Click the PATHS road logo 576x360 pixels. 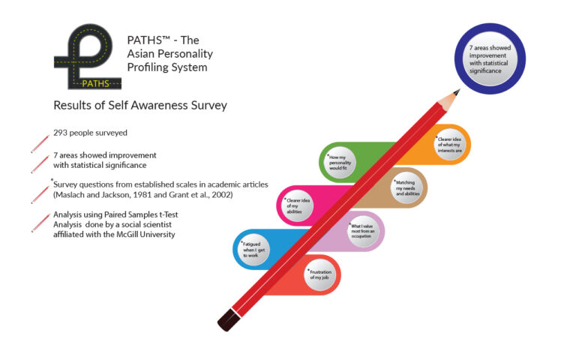(x=88, y=57)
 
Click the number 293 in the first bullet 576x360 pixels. (x=60, y=133)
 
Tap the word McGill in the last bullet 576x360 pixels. (x=127, y=234)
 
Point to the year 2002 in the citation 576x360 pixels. (x=221, y=195)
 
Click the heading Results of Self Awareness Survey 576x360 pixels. (x=140, y=106)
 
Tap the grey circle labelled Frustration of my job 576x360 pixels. (x=320, y=274)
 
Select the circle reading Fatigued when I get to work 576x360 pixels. (x=253, y=250)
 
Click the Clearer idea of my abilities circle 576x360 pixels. (x=297, y=205)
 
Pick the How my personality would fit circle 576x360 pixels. (x=340, y=163)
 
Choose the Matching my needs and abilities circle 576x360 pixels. (x=406, y=187)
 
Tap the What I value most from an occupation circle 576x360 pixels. (x=363, y=231)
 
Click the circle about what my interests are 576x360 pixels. (x=450, y=144)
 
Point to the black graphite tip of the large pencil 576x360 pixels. (x=457, y=91)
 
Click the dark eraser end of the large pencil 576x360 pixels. (x=229, y=320)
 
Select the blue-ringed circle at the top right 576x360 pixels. (x=490, y=58)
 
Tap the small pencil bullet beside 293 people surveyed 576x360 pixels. (x=40, y=144)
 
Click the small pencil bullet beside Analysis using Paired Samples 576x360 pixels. (x=40, y=223)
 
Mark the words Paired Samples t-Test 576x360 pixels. (x=141, y=214)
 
